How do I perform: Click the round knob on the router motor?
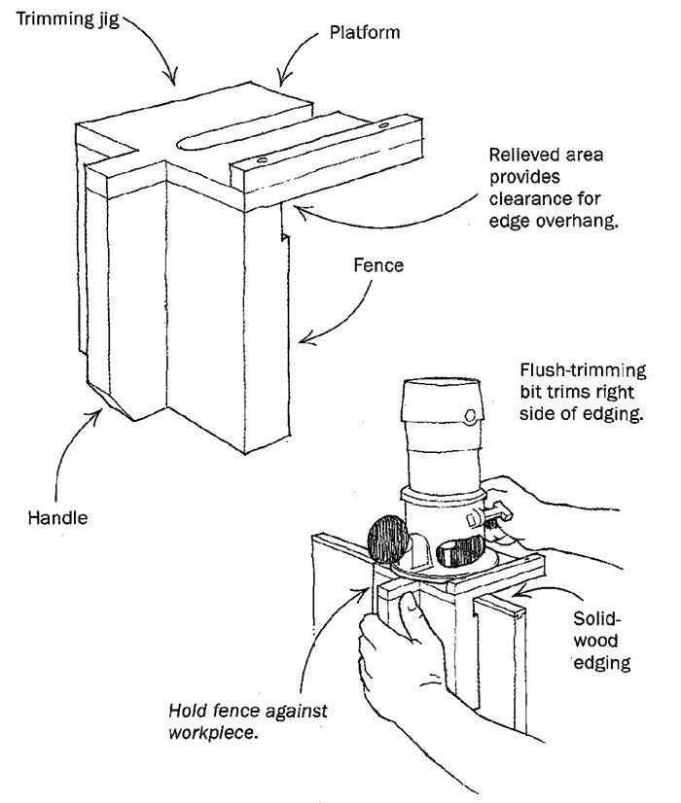tap(471, 418)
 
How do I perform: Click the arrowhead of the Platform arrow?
tap(282, 81)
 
